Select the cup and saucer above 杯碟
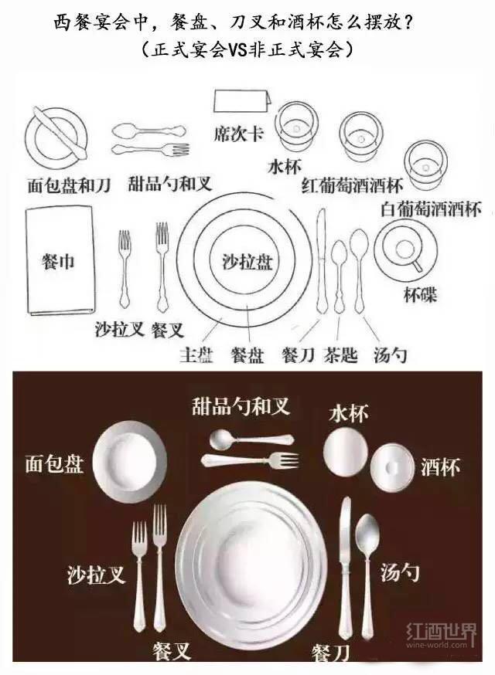[404, 249]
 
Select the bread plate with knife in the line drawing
[53, 131]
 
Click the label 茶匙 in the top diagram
[340, 354]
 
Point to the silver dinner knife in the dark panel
[345, 572]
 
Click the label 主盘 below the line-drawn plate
[196, 355]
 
